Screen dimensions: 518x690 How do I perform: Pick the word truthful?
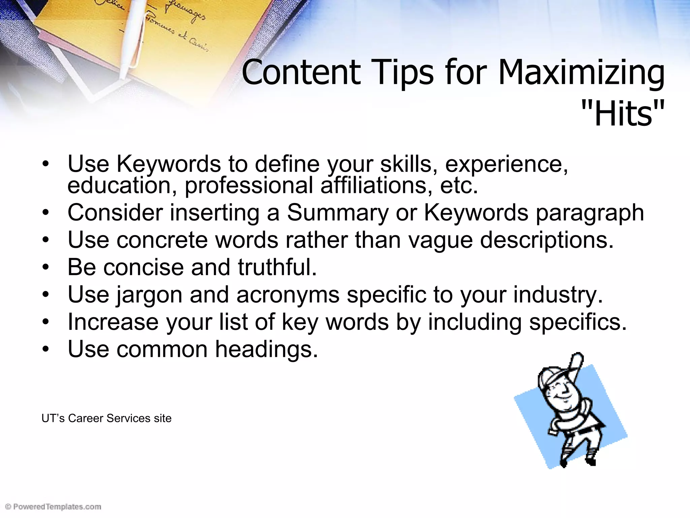[x=277, y=267]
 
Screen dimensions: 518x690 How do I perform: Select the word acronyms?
[x=288, y=294]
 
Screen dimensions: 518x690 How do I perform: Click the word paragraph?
[x=590, y=213]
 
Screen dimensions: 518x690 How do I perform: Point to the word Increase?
[x=113, y=322]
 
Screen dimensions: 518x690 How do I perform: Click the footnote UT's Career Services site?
[x=106, y=418]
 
